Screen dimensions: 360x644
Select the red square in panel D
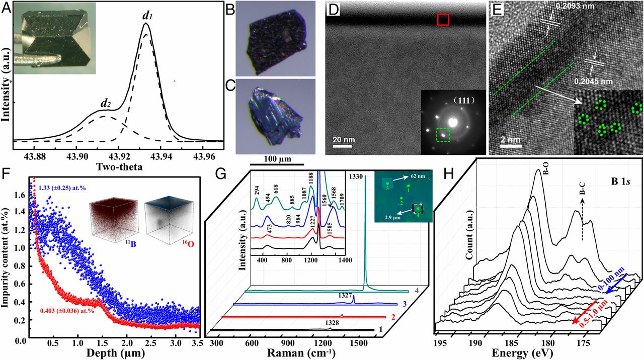click(443, 19)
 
